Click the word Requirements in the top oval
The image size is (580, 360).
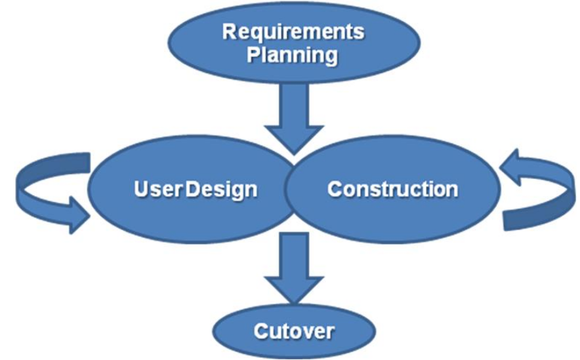pos(293,32)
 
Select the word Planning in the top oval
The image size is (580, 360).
pos(293,55)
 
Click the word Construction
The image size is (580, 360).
pos(392,190)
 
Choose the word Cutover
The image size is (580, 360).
pos(293,330)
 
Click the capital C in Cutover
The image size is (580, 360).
pos(260,330)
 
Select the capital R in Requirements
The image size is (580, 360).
pos(228,32)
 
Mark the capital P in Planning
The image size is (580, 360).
pos(253,55)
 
